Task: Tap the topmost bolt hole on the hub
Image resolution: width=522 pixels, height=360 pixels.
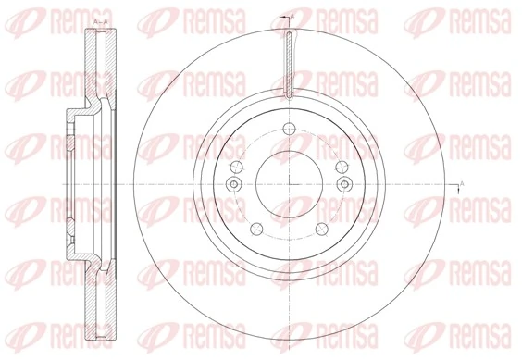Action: [289, 128]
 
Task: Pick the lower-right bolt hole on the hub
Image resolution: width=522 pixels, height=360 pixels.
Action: [322, 230]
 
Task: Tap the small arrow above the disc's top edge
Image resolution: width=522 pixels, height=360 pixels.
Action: [287, 19]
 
